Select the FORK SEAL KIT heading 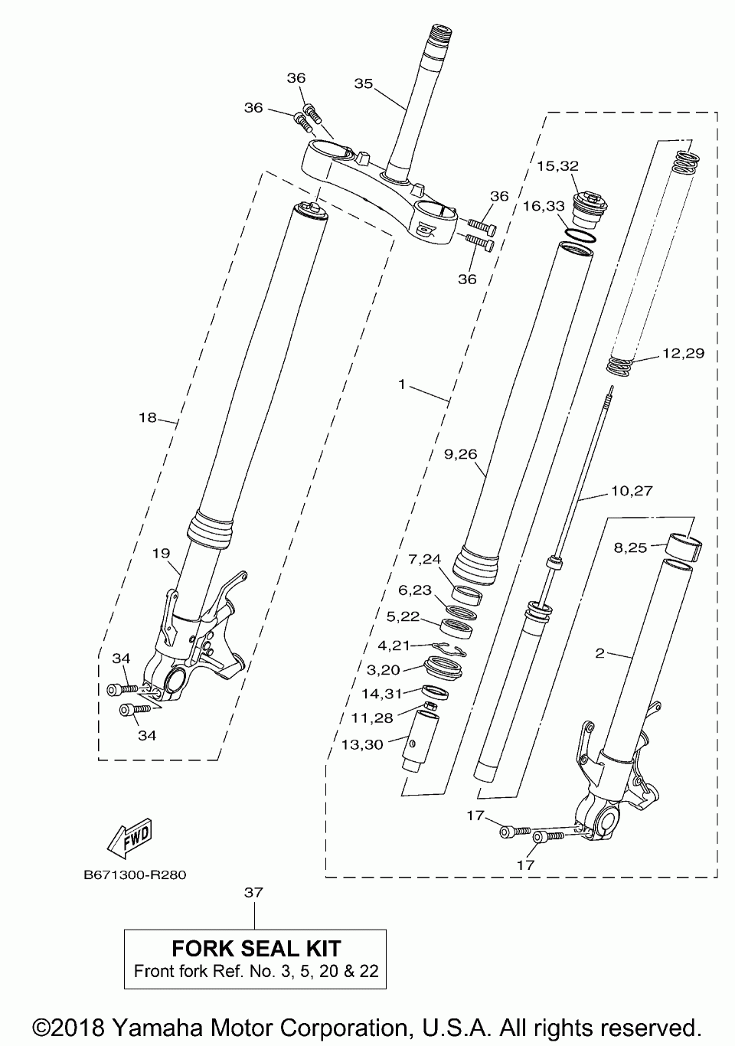(256, 949)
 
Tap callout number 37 (253, 892)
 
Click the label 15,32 (557, 165)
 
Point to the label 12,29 (684, 354)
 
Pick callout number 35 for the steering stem (363, 83)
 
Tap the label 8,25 (630, 548)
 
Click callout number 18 (148, 417)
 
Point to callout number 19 (160, 552)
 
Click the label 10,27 (632, 491)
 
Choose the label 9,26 (461, 454)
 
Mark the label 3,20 (384, 670)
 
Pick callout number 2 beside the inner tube (600, 653)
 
